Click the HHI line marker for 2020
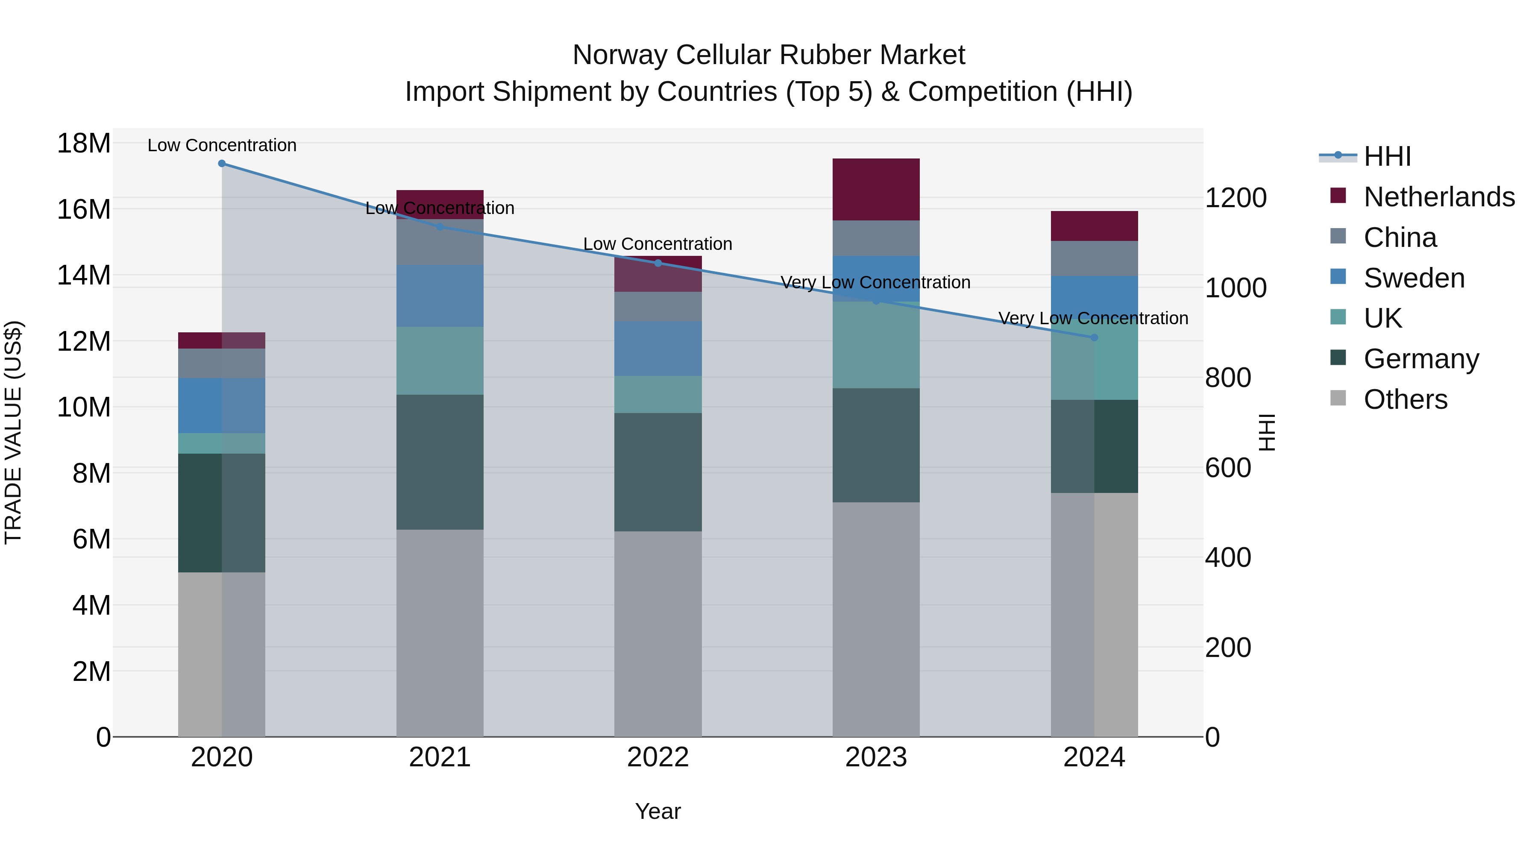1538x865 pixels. click(221, 164)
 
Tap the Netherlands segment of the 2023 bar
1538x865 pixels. click(876, 189)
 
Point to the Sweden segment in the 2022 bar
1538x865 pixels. click(658, 348)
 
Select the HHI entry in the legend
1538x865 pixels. click(1387, 156)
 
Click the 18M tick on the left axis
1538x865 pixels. click(84, 144)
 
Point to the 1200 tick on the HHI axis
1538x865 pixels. click(1235, 198)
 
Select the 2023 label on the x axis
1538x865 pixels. click(876, 757)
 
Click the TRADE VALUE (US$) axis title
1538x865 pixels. click(13, 432)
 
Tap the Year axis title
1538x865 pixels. click(657, 811)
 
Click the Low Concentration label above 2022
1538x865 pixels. click(657, 244)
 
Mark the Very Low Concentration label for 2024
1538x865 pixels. click(1093, 318)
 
